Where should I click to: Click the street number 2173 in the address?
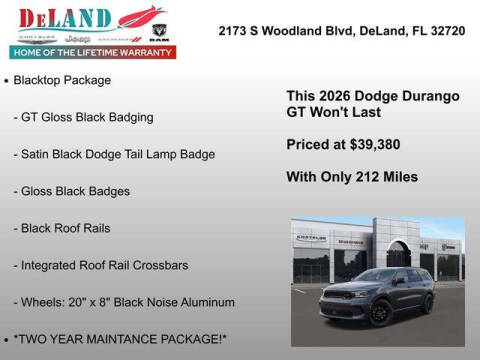235,31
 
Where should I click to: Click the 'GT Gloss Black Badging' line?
84,117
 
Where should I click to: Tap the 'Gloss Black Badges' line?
72,191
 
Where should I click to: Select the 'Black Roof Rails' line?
62,228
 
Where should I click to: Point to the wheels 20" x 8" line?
125,302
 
